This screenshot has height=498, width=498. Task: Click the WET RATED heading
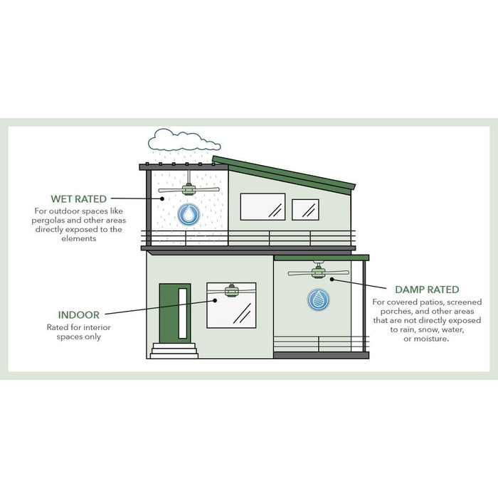click(78, 198)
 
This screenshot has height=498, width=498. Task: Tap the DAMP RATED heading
click(427, 290)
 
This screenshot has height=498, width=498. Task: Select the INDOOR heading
click(79, 315)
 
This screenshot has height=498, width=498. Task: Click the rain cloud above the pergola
click(184, 140)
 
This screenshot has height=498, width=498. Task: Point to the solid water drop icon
click(189, 215)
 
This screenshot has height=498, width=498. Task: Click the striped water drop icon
click(319, 300)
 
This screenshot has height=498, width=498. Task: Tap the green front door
click(175, 313)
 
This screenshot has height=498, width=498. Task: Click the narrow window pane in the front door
click(183, 313)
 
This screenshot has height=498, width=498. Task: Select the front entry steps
click(174, 351)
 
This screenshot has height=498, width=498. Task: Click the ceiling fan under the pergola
click(189, 188)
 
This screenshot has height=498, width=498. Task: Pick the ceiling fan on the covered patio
click(318, 271)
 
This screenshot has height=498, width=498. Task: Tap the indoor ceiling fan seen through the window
click(232, 290)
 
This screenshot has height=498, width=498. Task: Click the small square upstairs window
click(305, 210)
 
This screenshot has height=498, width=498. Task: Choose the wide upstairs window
click(263, 207)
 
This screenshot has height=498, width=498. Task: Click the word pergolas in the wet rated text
click(48, 221)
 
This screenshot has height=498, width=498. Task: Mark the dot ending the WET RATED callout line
click(162, 198)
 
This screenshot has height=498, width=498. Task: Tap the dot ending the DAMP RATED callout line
click(332, 280)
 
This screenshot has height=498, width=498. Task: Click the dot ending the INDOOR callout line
click(215, 300)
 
